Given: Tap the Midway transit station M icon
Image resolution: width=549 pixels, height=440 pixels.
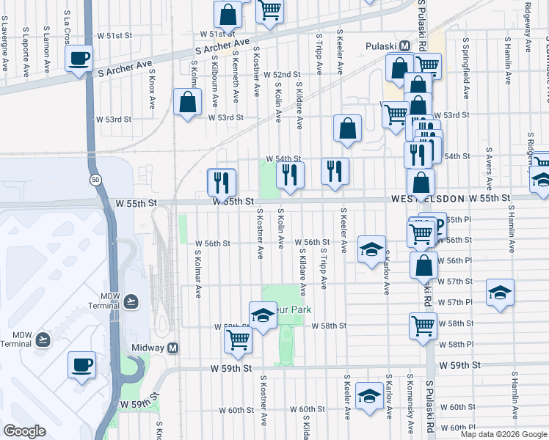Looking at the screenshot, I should click(174, 348).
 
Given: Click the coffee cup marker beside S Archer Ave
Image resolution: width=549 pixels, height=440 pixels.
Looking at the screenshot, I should click(79, 59).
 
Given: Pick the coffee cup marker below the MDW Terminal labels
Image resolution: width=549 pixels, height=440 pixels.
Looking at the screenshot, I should click(81, 364).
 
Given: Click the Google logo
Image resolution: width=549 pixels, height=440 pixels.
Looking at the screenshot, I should click(25, 431).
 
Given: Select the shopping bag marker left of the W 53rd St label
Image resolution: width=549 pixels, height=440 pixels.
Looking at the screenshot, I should click(188, 103).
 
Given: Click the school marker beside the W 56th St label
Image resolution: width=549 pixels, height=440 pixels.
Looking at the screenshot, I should click(371, 249).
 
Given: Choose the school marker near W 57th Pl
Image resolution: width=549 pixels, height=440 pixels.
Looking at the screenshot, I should click(500, 292).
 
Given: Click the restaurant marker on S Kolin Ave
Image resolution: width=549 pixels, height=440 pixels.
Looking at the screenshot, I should click(290, 175).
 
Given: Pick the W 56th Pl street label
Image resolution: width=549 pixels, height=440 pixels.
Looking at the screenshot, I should click(454, 260).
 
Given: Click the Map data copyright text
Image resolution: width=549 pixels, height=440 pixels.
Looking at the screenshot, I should click(503, 434).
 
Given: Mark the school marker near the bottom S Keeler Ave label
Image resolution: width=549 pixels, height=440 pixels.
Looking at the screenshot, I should click(368, 396).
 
